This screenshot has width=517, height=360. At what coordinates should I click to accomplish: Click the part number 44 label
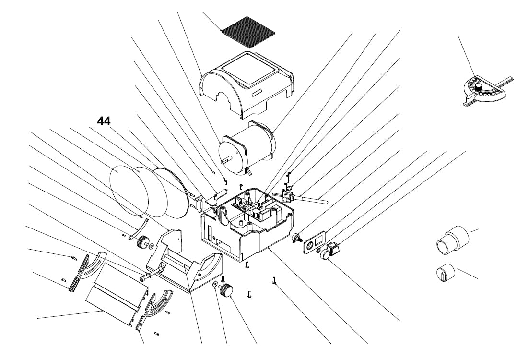click(104, 121)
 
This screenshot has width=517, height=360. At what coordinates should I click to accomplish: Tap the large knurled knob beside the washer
click(226, 290)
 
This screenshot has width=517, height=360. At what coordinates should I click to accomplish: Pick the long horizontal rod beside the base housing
click(312, 199)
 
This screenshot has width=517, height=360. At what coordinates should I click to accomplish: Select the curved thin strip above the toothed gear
click(143, 225)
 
